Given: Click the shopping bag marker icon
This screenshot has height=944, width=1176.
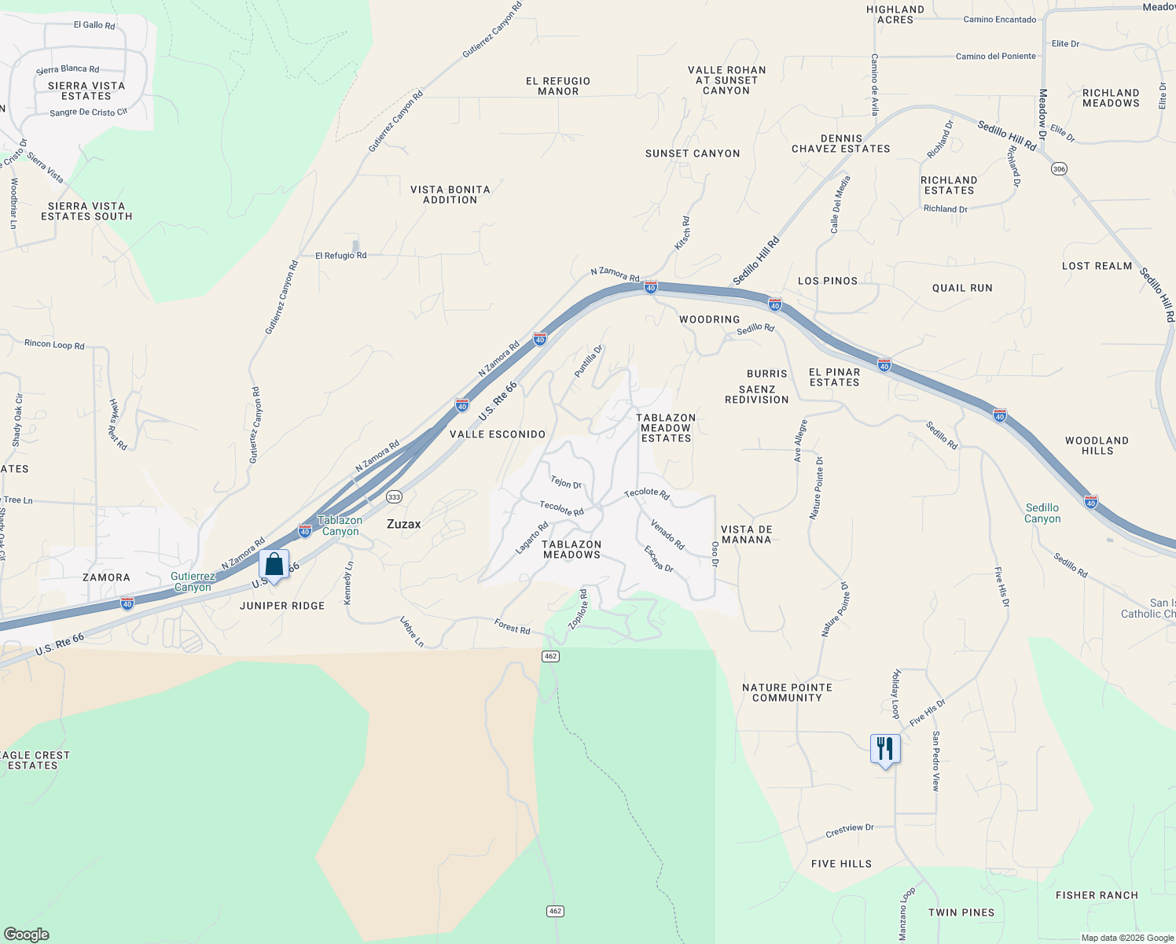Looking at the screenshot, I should [274, 564].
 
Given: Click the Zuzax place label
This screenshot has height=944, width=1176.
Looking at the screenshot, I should [404, 524].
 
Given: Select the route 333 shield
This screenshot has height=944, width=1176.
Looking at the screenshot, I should [394, 496].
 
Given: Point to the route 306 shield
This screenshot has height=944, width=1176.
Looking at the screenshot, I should [1059, 169].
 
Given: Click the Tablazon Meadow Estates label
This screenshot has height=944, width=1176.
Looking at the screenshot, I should [666, 428].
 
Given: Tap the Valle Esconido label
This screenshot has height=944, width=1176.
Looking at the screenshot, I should [498, 434].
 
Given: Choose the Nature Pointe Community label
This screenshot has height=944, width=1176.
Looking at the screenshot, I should [787, 692].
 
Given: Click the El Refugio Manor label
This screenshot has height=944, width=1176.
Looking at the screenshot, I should [558, 86].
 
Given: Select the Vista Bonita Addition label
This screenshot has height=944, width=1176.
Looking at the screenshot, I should [450, 194].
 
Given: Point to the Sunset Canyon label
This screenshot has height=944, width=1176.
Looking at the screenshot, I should [693, 153].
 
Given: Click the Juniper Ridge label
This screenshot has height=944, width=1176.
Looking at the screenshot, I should [282, 606].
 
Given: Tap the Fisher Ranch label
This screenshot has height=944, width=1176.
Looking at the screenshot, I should [1097, 895].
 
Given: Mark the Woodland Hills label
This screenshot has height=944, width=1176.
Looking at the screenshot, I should [1097, 445].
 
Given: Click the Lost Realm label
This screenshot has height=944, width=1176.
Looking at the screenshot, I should [1097, 266].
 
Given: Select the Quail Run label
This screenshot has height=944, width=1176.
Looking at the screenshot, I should [962, 288].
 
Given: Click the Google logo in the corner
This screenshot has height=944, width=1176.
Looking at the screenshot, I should [26, 935].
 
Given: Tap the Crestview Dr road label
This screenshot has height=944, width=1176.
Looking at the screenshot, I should [850, 830].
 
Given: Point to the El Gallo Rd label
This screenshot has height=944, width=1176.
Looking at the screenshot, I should [94, 25].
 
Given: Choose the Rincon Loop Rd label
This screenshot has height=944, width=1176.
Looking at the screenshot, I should [54, 345].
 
